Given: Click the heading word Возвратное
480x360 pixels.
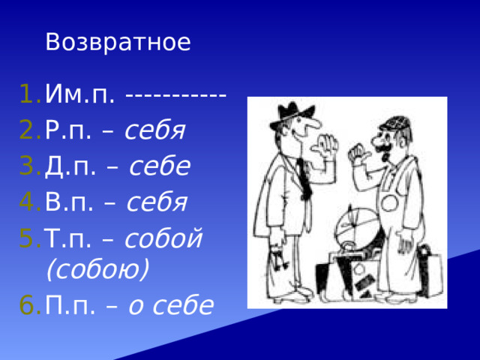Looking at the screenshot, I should [x=118, y=42].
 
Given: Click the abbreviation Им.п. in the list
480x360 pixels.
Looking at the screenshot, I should [x=80, y=95].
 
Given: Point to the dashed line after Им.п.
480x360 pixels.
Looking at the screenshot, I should [x=176, y=96].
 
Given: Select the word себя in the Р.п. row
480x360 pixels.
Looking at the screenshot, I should [x=154, y=131].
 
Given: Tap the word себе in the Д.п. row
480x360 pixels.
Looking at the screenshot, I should [x=159, y=166].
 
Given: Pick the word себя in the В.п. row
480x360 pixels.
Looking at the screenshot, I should [x=157, y=201].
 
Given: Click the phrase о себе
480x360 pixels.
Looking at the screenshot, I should [x=170, y=304].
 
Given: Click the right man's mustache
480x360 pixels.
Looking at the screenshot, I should [x=383, y=149].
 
